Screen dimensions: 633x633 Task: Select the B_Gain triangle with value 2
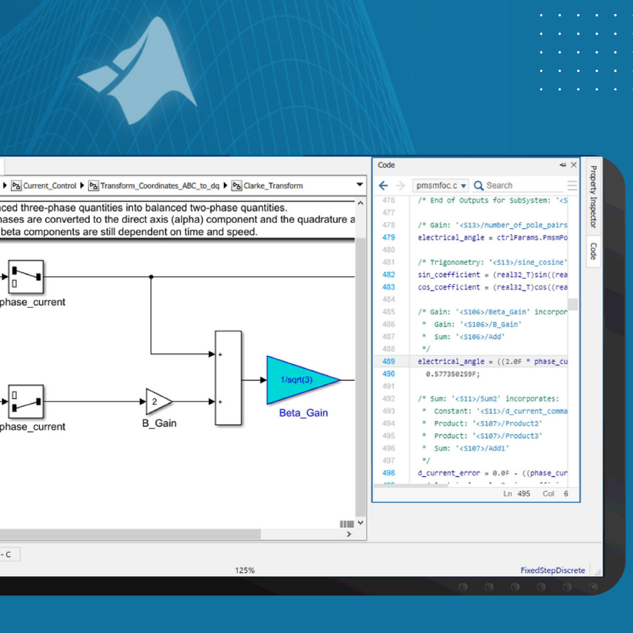coord(157,401)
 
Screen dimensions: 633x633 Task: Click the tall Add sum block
coord(228,378)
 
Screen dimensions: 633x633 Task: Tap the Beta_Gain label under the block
coord(303,413)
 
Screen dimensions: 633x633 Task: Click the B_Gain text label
coord(159,423)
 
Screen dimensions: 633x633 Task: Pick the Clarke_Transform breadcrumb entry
coord(273,186)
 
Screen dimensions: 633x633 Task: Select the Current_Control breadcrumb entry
coord(49,186)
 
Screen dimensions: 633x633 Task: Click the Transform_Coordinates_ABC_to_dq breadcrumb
coord(159,186)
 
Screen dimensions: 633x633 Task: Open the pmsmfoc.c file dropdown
coord(441,186)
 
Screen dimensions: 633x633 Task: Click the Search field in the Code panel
coord(516,186)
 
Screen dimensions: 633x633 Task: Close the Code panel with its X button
coord(574,165)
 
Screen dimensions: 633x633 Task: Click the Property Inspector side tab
coord(593,196)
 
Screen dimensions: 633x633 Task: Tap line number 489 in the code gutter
coord(389,362)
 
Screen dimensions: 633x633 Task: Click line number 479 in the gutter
coord(389,237)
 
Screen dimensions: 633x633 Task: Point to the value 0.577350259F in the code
coord(452,374)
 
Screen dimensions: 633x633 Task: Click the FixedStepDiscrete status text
coord(553,570)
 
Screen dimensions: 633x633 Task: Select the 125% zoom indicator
coord(245,570)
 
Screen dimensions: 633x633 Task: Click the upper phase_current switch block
coord(26,277)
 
